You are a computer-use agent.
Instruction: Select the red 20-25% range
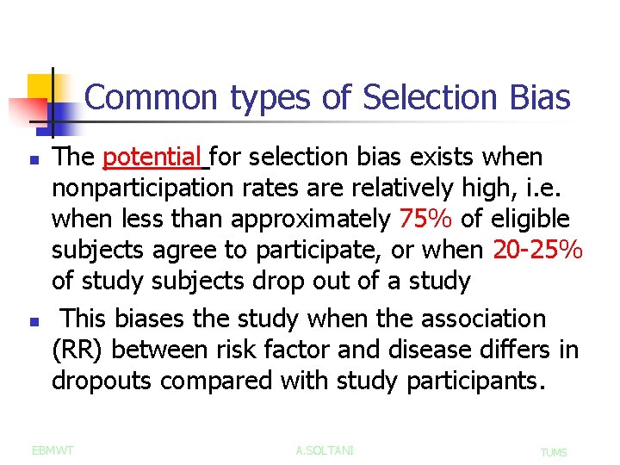(x=538, y=251)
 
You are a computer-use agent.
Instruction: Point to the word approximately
(x=311, y=220)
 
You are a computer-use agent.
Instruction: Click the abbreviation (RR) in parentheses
(x=78, y=350)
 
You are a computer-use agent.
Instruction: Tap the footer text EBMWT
(x=53, y=450)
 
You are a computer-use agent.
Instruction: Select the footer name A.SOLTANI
(x=325, y=450)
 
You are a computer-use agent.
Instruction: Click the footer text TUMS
(x=553, y=452)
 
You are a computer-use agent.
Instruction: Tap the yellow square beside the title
(x=40, y=90)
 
